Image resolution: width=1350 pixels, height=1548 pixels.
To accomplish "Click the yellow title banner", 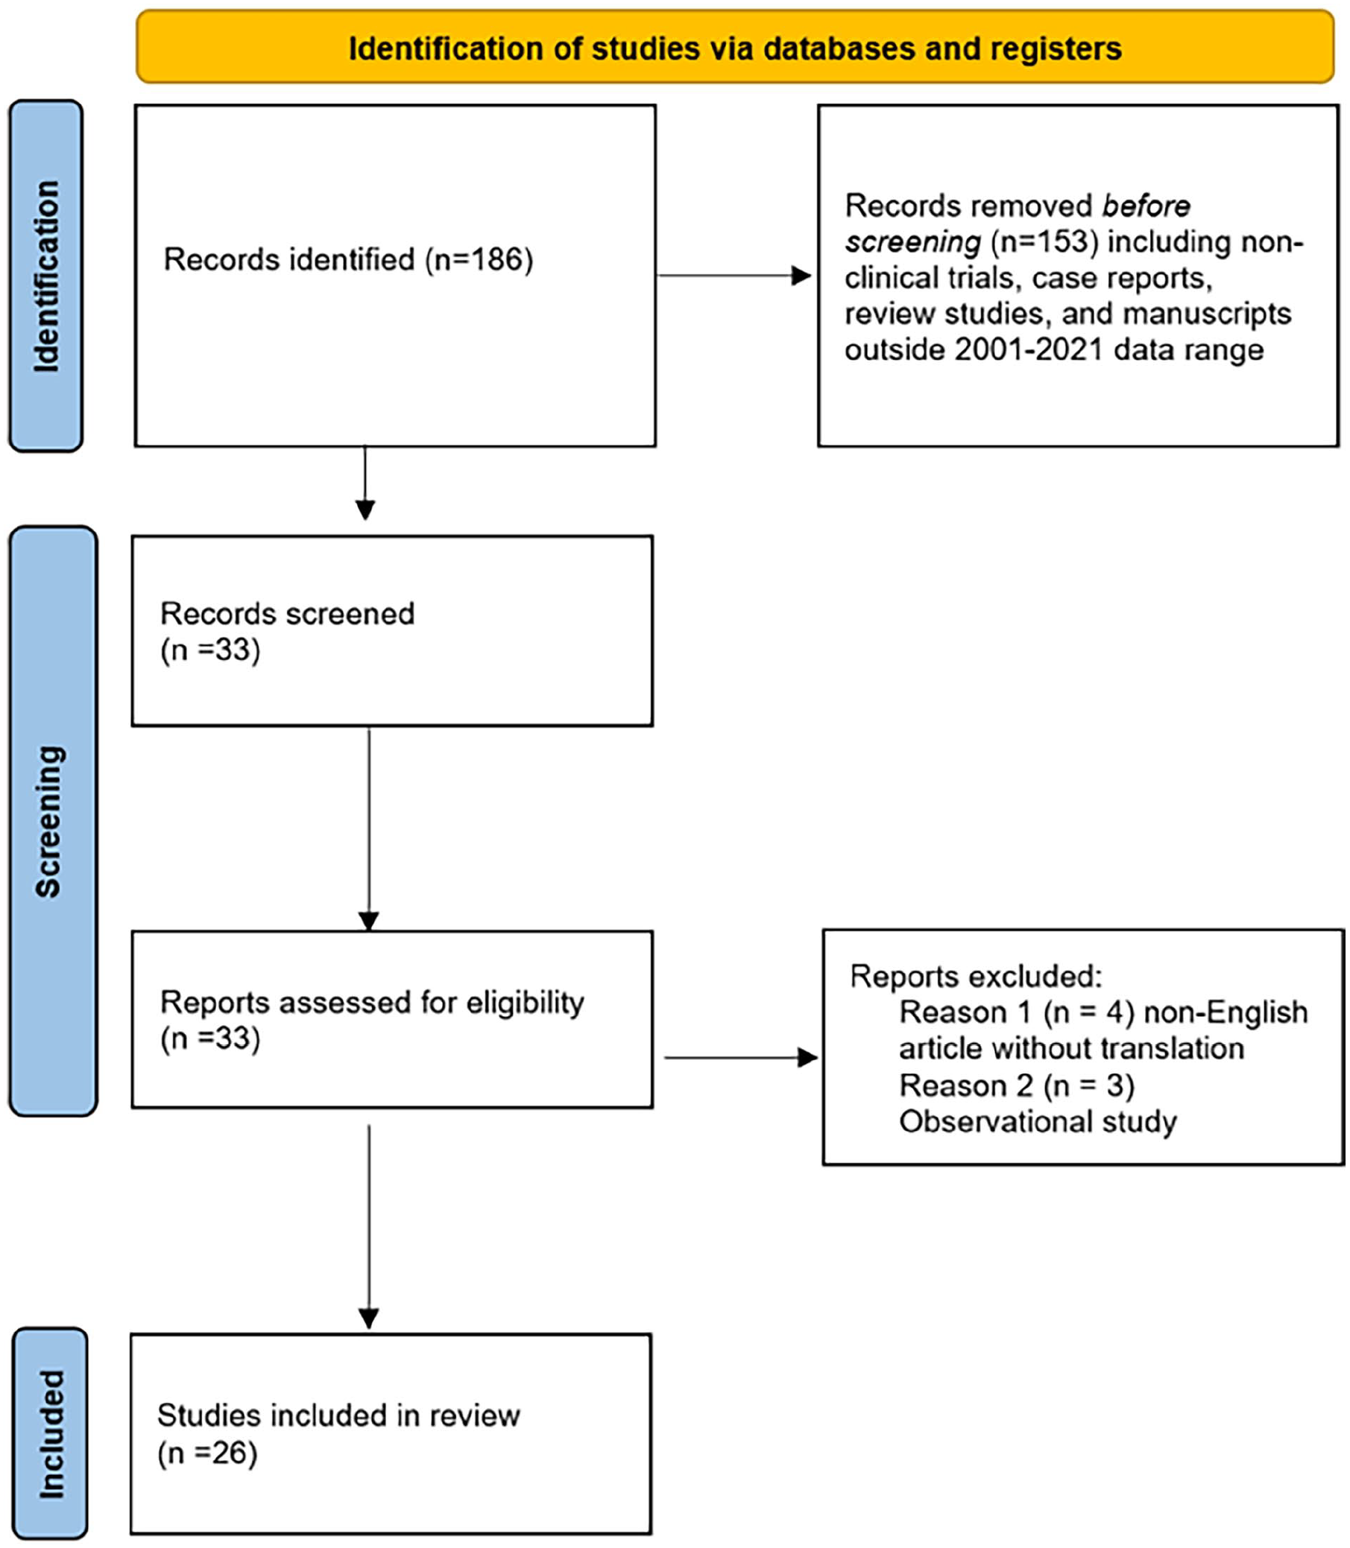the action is coord(734,47).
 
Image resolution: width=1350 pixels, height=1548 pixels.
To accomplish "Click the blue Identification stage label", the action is coord(46,276).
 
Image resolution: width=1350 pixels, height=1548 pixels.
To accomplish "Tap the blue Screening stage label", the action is coord(53,821).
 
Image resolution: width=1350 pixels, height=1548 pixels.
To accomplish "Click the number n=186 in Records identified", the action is coord(479,260).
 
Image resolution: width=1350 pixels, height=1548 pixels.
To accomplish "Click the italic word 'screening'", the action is coord(913,242).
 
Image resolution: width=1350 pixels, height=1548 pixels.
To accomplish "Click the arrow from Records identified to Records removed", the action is coord(734,276).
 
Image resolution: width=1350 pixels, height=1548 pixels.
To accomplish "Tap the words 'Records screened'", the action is coord(287,614).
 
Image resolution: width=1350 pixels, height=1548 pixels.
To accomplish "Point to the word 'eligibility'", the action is coord(525,1003).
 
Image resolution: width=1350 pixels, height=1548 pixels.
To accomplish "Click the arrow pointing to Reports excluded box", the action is coord(740,1058).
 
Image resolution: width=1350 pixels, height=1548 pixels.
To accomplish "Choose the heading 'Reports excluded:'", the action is coord(977,977).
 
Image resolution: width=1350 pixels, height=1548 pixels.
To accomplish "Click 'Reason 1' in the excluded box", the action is coord(965,1012).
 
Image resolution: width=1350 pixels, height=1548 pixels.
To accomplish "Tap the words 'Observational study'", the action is coord(1038,1122).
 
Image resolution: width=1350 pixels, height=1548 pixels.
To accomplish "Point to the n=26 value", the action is coord(207,1453).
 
